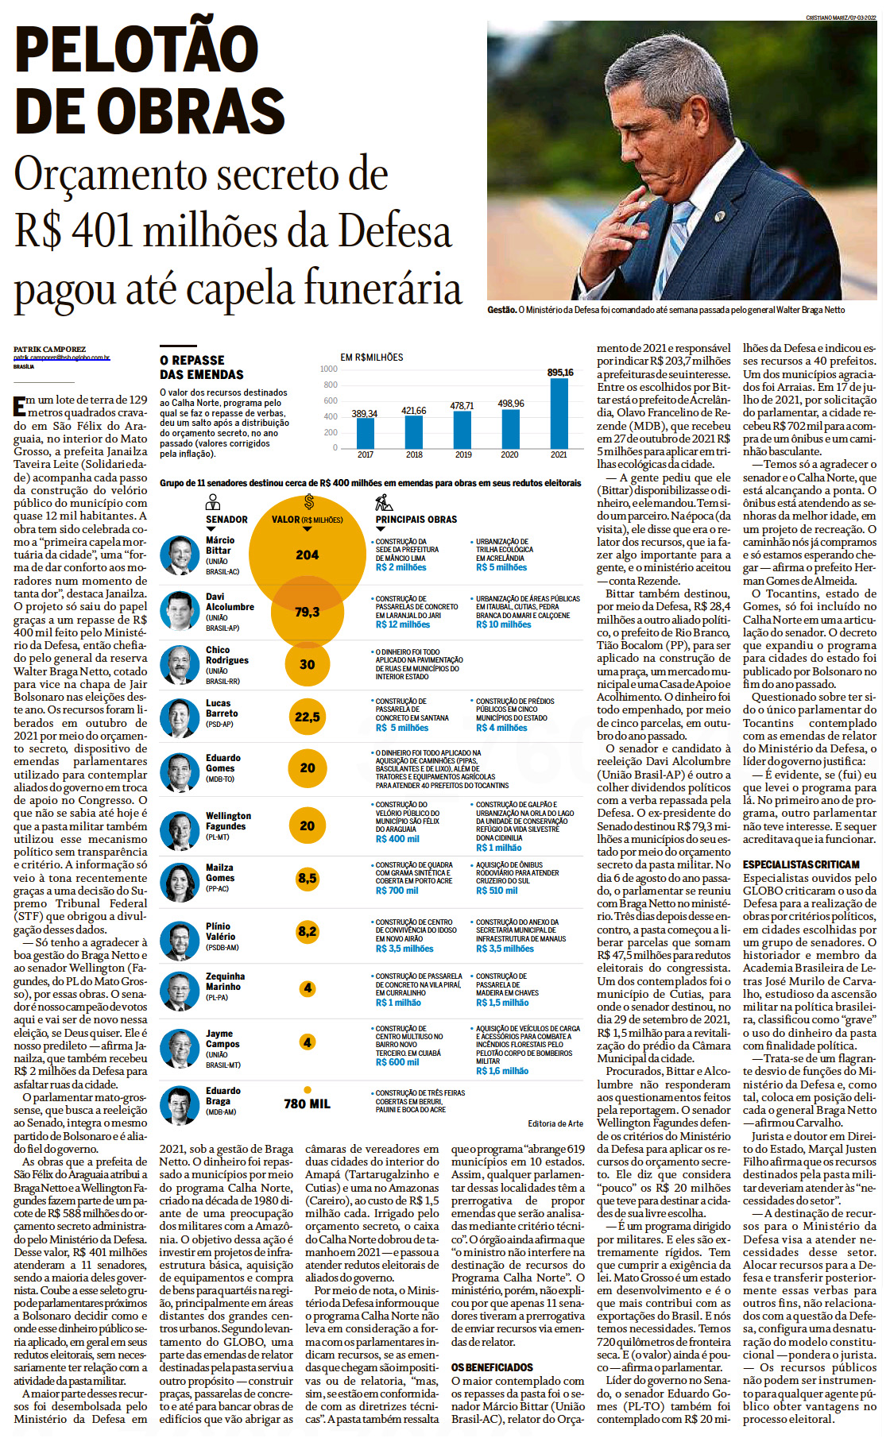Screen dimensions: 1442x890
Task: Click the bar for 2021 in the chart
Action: pos(559,413)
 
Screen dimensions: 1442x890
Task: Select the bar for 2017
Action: pos(366,433)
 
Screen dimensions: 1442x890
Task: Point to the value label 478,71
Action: pos(462,405)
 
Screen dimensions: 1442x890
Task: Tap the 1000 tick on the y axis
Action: pos(328,369)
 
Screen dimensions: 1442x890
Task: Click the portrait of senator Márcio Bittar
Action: pos(180,555)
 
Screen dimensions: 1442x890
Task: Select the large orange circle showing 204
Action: pos(307,555)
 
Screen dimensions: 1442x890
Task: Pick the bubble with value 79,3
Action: pos(308,612)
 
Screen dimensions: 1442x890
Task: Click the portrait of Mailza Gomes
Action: pos(180,882)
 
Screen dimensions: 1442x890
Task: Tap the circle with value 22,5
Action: pos(308,717)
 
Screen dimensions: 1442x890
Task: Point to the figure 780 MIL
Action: pos(307,1104)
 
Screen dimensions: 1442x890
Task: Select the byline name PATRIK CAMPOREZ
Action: pos(49,350)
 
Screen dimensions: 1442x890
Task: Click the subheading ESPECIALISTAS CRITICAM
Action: pos(801,864)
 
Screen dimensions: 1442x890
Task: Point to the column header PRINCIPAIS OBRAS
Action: pos(416,520)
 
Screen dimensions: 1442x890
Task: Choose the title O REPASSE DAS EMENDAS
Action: pos(202,367)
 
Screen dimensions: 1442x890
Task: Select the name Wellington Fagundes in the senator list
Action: pos(228,821)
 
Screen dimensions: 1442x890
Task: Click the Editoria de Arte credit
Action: pos(555,1123)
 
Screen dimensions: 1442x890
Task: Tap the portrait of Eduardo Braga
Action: pos(180,1104)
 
